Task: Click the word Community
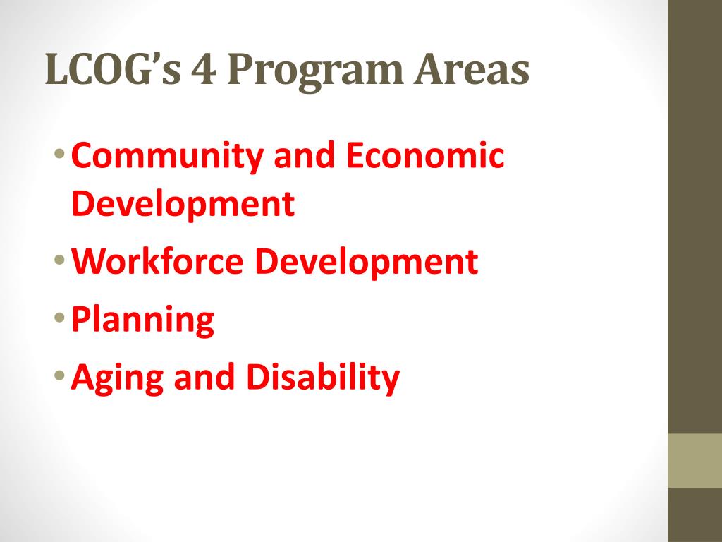[166, 157]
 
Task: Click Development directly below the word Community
[183, 205]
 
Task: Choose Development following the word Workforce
[367, 263]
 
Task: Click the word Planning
[143, 321]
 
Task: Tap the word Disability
[322, 378]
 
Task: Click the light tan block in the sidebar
[695, 460]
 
